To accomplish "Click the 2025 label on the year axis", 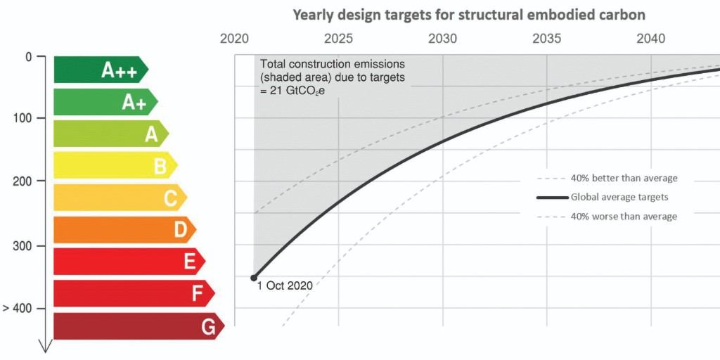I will [x=339, y=39].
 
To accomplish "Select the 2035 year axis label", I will [x=547, y=39].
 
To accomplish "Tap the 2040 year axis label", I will [x=651, y=39].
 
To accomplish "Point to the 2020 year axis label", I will [x=235, y=39].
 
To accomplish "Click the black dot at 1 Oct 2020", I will [x=254, y=278].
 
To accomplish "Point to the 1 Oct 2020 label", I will [x=285, y=286].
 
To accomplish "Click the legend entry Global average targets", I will [x=619, y=198].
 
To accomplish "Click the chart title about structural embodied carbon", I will [x=469, y=14].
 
